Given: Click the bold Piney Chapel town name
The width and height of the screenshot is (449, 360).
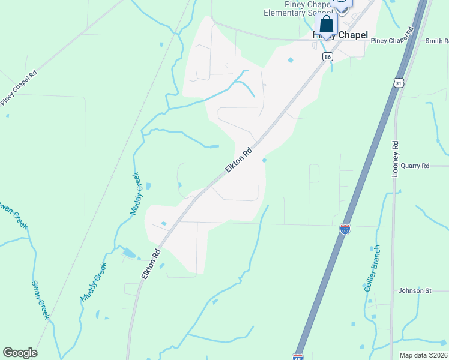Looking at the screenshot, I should pos(340,35).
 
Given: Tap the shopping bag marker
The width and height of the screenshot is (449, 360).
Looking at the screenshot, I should pos(326,26).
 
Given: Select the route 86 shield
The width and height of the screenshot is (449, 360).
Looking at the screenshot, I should pos(327,56).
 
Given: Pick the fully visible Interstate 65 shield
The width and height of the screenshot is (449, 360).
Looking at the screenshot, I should pos(345,229).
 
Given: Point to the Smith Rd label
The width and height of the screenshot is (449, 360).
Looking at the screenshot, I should pos(436,41).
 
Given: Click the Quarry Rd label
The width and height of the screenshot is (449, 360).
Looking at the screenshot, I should pos(417,166).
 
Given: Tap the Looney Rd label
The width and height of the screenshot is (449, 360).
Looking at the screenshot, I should pos(396,158).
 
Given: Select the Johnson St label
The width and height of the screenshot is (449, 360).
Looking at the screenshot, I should pos(415,290).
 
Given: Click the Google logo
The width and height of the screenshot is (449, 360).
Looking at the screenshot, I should pos(20,353).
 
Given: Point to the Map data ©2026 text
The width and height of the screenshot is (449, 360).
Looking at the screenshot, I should pos(423,355).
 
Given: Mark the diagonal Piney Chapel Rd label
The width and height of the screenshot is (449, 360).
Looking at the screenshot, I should pos(19,88).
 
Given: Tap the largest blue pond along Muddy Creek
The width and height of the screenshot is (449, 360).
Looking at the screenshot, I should pos(128,253).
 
